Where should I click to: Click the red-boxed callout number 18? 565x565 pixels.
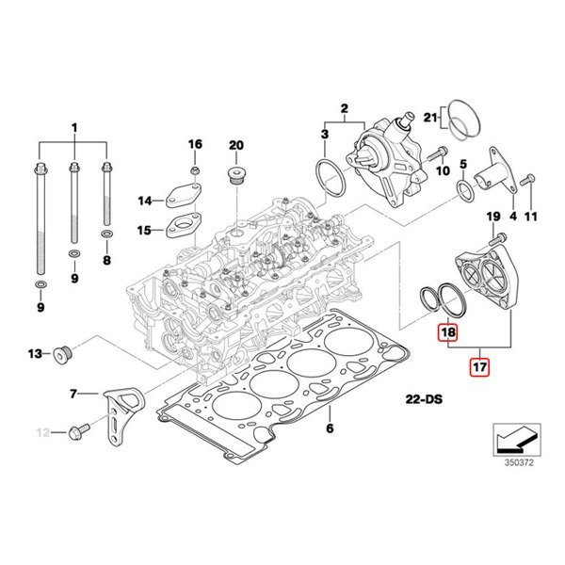click(448, 333)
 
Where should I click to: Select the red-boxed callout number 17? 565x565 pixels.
click(479, 365)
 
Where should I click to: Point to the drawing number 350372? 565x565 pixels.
click(517, 462)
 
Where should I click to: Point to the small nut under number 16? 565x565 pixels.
click(194, 169)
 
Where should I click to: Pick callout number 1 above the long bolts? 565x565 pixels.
click(74, 127)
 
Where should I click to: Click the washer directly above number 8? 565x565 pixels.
click(106, 231)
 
